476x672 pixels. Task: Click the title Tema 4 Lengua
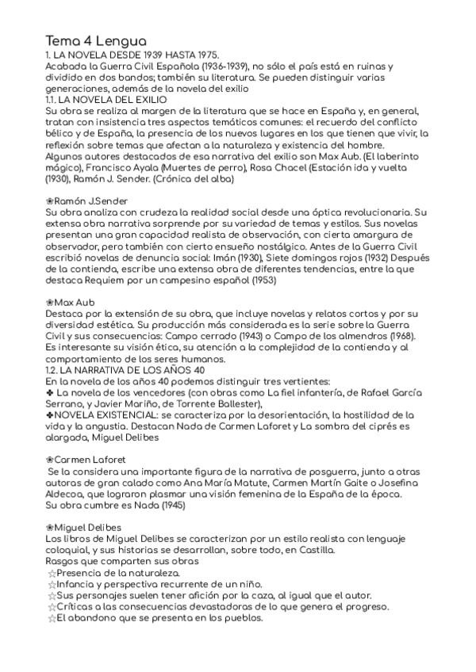96,40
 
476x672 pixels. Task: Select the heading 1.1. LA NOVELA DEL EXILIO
106,101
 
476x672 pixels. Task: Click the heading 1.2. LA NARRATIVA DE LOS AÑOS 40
126,369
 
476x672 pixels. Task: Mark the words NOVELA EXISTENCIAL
106,414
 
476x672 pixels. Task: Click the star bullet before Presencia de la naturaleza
51,573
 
